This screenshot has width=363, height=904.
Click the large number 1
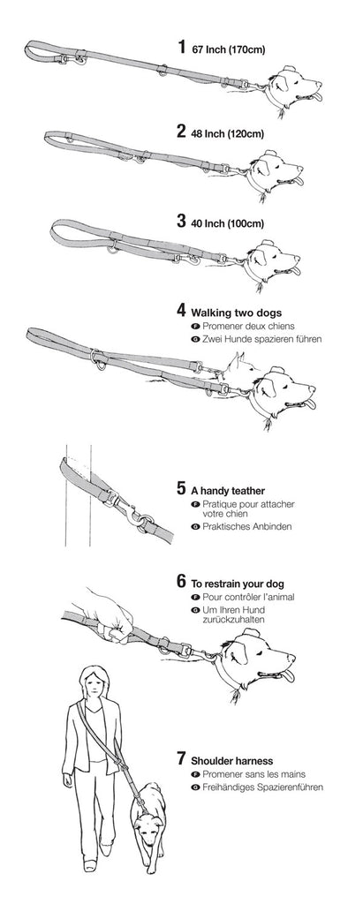182,47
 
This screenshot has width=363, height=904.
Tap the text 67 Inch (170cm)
229,49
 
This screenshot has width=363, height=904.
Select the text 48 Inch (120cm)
227,134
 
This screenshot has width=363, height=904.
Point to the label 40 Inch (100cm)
227,223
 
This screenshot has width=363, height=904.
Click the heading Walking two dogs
237,313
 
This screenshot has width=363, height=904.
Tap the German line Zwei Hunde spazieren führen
256,339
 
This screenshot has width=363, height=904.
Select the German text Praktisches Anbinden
242,526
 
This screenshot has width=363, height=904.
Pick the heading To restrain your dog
238,584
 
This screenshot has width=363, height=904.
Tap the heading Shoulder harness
232,761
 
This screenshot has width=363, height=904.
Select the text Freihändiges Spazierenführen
257,787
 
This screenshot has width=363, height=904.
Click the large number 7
182,758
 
